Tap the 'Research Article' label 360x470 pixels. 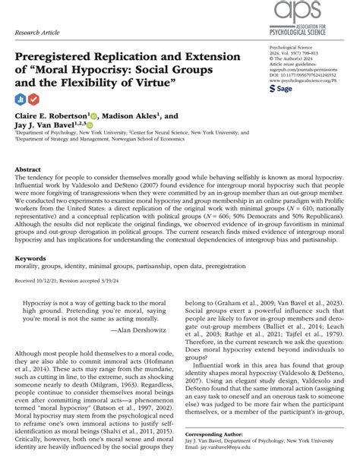pyautogui.click(x=37, y=35)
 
